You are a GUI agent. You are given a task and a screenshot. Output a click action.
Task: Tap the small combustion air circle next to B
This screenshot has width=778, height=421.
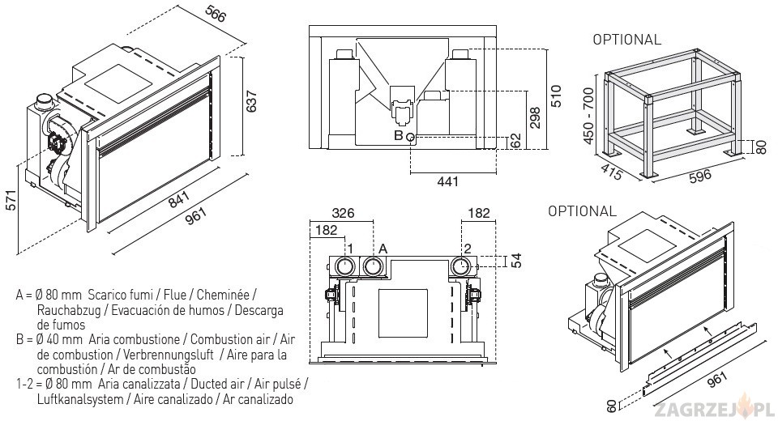click(x=411, y=137)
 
